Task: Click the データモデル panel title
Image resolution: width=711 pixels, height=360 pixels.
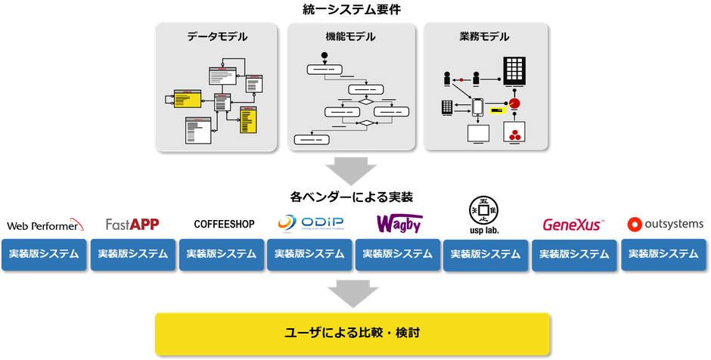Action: pos(217,36)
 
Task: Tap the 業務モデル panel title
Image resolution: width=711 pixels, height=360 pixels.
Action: pos(484,36)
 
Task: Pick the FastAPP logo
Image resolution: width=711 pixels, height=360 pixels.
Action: pos(132,225)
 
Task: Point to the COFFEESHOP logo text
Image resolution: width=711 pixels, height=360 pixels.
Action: pos(224,225)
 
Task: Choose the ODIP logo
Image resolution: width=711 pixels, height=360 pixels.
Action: pos(311,224)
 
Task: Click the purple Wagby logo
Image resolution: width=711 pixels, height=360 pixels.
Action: pos(399,224)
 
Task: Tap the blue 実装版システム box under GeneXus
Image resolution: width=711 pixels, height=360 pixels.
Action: pos(575,255)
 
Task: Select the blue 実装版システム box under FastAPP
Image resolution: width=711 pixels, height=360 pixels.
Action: pos(133,255)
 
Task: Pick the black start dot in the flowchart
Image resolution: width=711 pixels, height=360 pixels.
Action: pos(324,54)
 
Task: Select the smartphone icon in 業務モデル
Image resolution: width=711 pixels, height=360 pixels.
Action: pos(479,108)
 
